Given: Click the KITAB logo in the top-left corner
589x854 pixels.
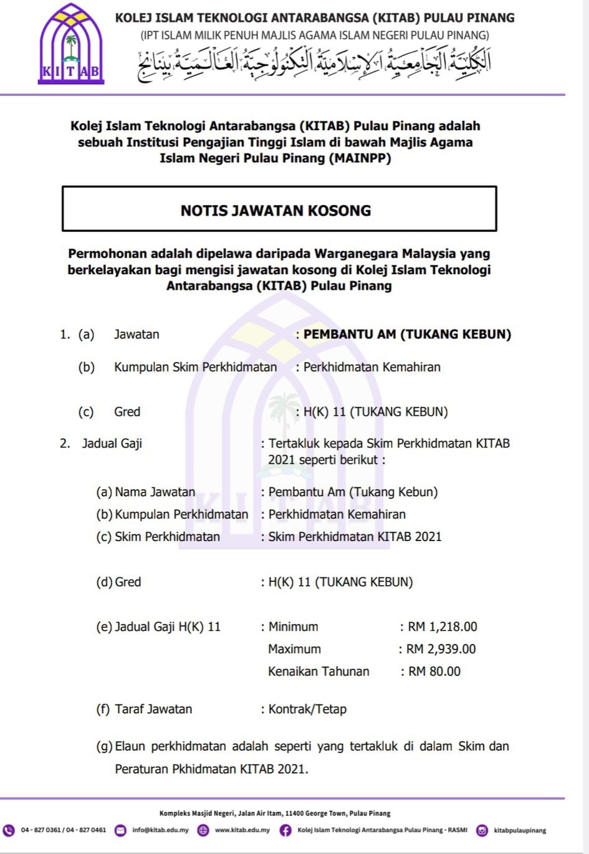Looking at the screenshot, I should pos(70,45).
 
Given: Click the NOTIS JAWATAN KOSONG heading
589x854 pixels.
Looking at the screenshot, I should pos(275,211).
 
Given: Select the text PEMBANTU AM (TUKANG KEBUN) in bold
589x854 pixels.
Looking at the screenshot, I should pos(407,334).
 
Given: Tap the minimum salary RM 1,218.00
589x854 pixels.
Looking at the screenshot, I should pos(443,626).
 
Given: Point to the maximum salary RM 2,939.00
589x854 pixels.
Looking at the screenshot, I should pos(441,649).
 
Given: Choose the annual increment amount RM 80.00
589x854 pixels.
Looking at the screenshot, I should pos(434,671).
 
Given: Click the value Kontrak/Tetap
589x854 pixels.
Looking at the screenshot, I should pos(307,709).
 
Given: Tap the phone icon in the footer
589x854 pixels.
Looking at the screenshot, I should pos(9,830).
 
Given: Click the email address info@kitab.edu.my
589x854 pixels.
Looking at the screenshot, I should pos(160,830).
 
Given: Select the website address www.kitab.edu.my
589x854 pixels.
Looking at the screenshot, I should pos(242,830).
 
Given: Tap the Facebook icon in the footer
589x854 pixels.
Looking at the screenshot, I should pos(285,830).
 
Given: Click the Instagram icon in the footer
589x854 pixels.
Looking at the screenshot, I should pos(482,830).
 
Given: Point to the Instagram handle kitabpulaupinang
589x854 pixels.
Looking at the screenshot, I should pos(520,830).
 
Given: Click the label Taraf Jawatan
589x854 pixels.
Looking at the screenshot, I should pos(153,709).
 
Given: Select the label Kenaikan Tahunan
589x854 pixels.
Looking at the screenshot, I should pos(318,671).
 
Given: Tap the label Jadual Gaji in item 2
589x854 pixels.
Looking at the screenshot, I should pos(112,443).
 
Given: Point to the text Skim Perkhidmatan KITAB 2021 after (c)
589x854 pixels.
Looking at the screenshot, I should pos(355,537).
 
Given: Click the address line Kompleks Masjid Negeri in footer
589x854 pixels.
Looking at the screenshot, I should pos(275,813).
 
